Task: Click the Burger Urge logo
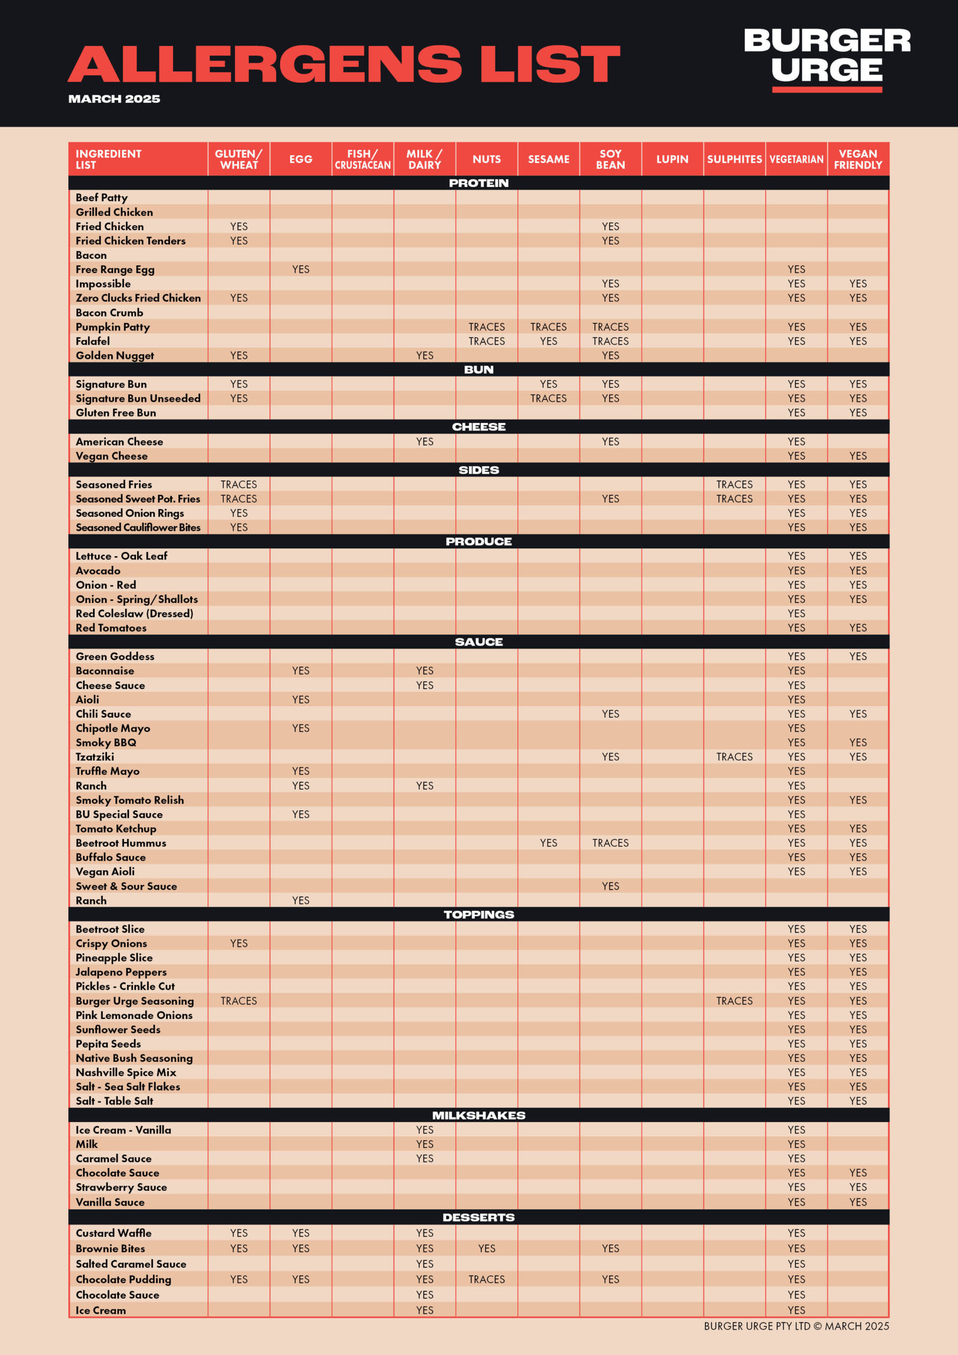[x=826, y=59]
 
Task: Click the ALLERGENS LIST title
[x=344, y=64]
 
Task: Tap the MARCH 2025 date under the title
[x=114, y=98]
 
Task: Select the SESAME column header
[x=548, y=159]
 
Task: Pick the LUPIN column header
[x=672, y=159]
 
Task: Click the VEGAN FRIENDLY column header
[x=857, y=159]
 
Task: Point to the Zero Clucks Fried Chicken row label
[x=138, y=298]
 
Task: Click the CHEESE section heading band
[x=478, y=427]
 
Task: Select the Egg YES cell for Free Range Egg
[x=301, y=269]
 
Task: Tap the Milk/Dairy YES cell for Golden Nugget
[x=424, y=355]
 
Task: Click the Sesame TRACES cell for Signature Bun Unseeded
[x=548, y=399]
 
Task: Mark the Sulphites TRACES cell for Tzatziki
[x=734, y=756]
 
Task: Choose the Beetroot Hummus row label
[x=121, y=843]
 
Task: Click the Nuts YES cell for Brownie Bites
[x=486, y=1248]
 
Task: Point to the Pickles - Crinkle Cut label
[x=125, y=986]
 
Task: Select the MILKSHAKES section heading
[x=478, y=1115]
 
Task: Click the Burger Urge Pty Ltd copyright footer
[x=796, y=1326]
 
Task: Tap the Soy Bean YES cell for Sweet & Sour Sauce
[x=610, y=886]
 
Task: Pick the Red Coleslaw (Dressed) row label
[x=134, y=613]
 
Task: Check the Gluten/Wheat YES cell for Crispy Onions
[x=239, y=943]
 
